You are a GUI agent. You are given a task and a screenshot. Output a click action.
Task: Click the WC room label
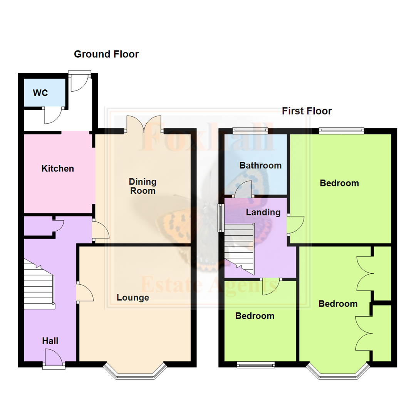40,93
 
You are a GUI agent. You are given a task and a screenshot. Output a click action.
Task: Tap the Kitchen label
58,169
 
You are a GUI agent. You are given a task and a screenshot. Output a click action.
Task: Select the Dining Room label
143,186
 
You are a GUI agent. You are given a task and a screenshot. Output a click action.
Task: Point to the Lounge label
133,297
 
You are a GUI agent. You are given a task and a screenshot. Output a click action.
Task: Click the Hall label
50,341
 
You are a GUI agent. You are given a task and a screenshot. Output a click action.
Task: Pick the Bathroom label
260,166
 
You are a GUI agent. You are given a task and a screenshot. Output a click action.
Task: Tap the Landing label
263,212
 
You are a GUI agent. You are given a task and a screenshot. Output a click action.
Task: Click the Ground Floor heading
106,54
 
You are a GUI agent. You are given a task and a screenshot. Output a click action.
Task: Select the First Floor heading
307,111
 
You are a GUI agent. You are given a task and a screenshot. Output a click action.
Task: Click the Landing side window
221,218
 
